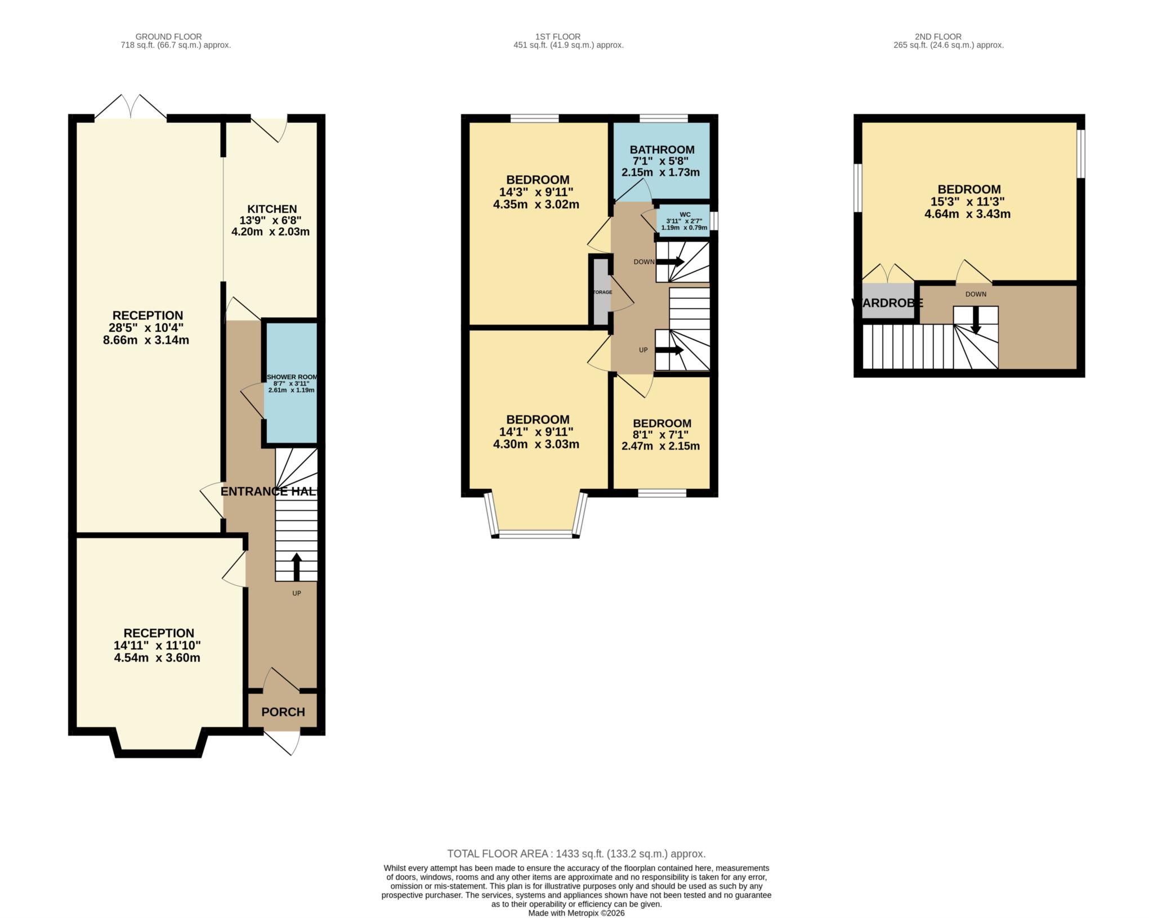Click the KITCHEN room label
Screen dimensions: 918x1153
point(272,209)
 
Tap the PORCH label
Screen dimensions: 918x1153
point(283,712)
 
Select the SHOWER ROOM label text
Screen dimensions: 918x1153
point(292,377)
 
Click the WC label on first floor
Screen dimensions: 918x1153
point(685,215)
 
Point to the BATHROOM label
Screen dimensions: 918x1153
point(662,150)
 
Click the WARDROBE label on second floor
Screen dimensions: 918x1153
point(887,303)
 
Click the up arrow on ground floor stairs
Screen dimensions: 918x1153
point(296,567)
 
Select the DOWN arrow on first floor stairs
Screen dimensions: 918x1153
point(670,262)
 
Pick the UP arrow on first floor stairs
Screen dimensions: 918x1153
point(669,350)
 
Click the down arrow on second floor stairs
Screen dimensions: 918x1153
point(976,320)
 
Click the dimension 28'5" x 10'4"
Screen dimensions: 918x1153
point(146,328)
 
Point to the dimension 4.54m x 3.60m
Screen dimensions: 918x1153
point(157,658)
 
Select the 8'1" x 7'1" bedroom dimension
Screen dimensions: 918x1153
point(662,435)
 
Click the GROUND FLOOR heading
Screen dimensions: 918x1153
point(168,37)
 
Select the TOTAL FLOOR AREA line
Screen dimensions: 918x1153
point(576,854)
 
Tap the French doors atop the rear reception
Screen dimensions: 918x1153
point(131,108)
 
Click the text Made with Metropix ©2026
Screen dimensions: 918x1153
point(576,913)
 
